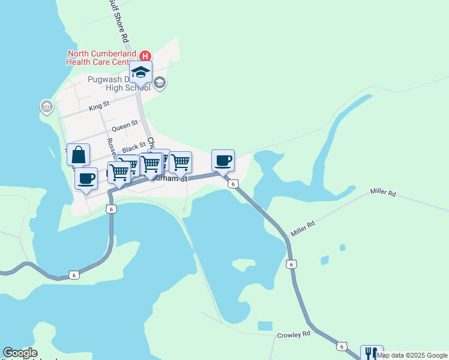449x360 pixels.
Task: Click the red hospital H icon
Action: click(145, 56)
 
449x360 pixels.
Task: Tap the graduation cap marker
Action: click(141, 73)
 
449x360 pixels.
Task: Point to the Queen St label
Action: click(125, 126)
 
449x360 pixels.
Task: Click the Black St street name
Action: click(134, 147)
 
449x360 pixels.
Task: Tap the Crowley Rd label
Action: click(294, 334)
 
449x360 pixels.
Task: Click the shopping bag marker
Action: click(79, 155)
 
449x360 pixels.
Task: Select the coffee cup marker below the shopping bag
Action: click(86, 178)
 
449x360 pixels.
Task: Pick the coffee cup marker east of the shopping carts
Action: click(223, 161)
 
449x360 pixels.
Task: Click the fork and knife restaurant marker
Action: click(371, 353)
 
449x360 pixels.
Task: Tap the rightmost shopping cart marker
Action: click(181, 162)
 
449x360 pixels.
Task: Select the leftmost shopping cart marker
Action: click(119, 172)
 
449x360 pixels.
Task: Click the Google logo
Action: click(20, 353)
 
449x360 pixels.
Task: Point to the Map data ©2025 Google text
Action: click(412, 355)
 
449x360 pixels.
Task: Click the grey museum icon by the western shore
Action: click(46, 107)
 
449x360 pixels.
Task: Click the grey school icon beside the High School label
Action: click(159, 83)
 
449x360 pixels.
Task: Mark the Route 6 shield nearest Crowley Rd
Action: click(342, 346)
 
